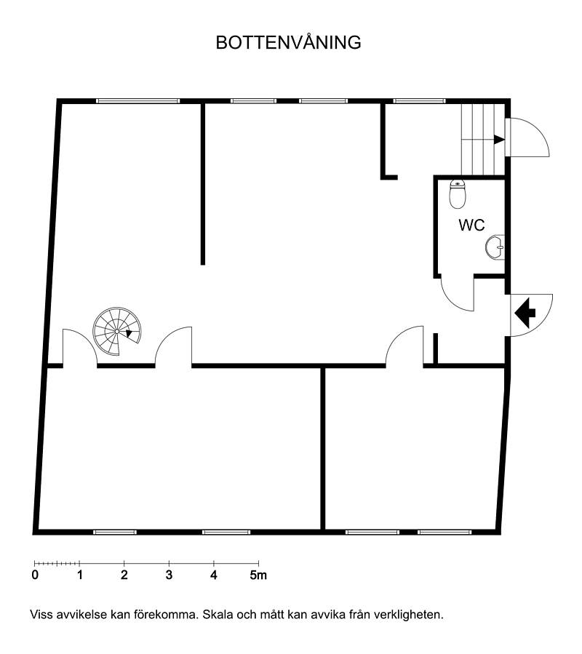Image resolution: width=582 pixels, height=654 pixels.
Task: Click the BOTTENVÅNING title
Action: tap(288, 42)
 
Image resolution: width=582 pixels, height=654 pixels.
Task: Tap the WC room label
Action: tap(471, 226)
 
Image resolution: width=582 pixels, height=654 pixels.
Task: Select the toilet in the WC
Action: tap(458, 194)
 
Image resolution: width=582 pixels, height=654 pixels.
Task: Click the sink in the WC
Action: tap(495, 247)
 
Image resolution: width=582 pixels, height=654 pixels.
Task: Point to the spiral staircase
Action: tap(117, 332)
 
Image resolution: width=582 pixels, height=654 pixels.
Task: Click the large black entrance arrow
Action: tap(525, 312)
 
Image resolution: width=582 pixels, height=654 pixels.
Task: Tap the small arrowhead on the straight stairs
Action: tap(499, 139)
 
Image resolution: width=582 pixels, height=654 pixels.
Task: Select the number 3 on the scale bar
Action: tap(169, 575)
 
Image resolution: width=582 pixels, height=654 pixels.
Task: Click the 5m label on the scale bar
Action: tap(258, 575)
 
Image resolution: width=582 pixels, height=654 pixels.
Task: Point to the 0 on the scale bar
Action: tap(35, 575)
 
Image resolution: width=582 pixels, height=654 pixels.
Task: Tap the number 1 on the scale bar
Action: tap(80, 575)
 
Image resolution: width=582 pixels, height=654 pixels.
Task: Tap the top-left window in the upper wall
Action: tap(137, 101)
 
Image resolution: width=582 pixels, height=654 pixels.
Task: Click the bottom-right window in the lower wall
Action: tap(445, 532)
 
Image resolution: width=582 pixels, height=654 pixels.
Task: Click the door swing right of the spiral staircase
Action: tap(174, 347)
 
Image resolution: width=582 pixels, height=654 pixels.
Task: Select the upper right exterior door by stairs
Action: tap(527, 137)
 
